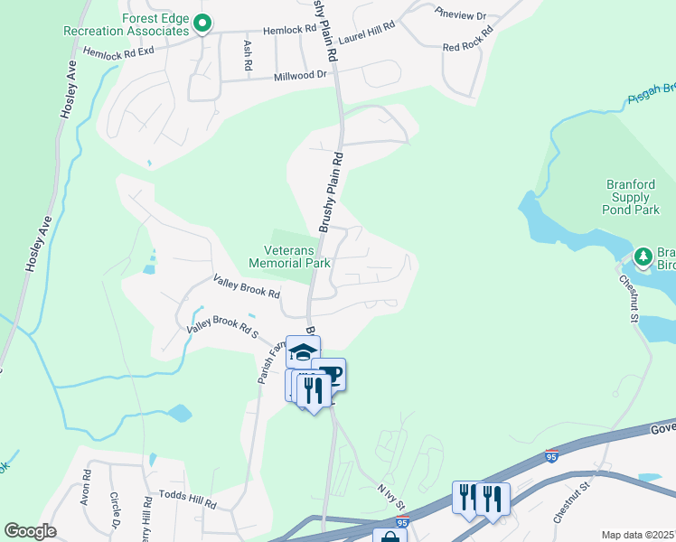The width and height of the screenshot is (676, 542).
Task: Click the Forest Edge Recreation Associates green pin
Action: tap(203, 23)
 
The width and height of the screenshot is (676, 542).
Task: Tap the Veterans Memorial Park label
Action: tap(290, 257)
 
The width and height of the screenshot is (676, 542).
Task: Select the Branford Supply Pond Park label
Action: tap(631, 197)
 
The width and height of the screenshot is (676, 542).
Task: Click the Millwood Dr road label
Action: tap(300, 75)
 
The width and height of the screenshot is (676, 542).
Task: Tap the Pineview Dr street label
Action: tap(460, 14)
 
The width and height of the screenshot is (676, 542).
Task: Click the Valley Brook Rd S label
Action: tap(222, 327)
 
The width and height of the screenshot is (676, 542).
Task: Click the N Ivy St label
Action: tap(390, 495)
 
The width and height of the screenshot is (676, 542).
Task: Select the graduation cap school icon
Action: tap(303, 350)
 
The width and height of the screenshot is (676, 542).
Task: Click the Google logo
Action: tap(30, 531)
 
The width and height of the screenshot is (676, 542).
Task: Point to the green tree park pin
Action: tap(643, 257)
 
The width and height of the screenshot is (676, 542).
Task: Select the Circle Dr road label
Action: tap(115, 509)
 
